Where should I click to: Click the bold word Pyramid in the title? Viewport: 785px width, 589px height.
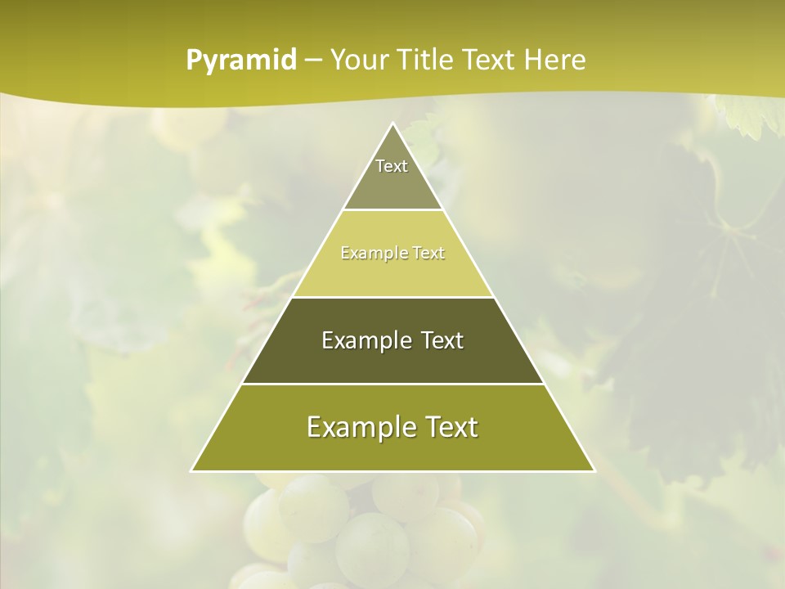(x=241, y=61)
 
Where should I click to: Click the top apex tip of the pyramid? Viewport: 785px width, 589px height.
(x=393, y=124)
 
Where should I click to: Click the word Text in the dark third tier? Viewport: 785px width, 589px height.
(x=443, y=340)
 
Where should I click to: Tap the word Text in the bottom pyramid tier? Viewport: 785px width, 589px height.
(x=451, y=427)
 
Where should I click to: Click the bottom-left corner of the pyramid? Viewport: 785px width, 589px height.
(x=192, y=470)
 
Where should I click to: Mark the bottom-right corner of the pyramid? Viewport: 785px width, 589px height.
(x=594, y=470)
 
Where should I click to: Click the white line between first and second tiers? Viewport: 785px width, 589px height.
(x=393, y=210)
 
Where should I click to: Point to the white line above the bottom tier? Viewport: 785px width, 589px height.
(x=393, y=384)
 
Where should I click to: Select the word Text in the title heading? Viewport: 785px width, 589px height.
(x=491, y=61)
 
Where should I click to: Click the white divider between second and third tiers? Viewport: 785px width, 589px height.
(x=393, y=297)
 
